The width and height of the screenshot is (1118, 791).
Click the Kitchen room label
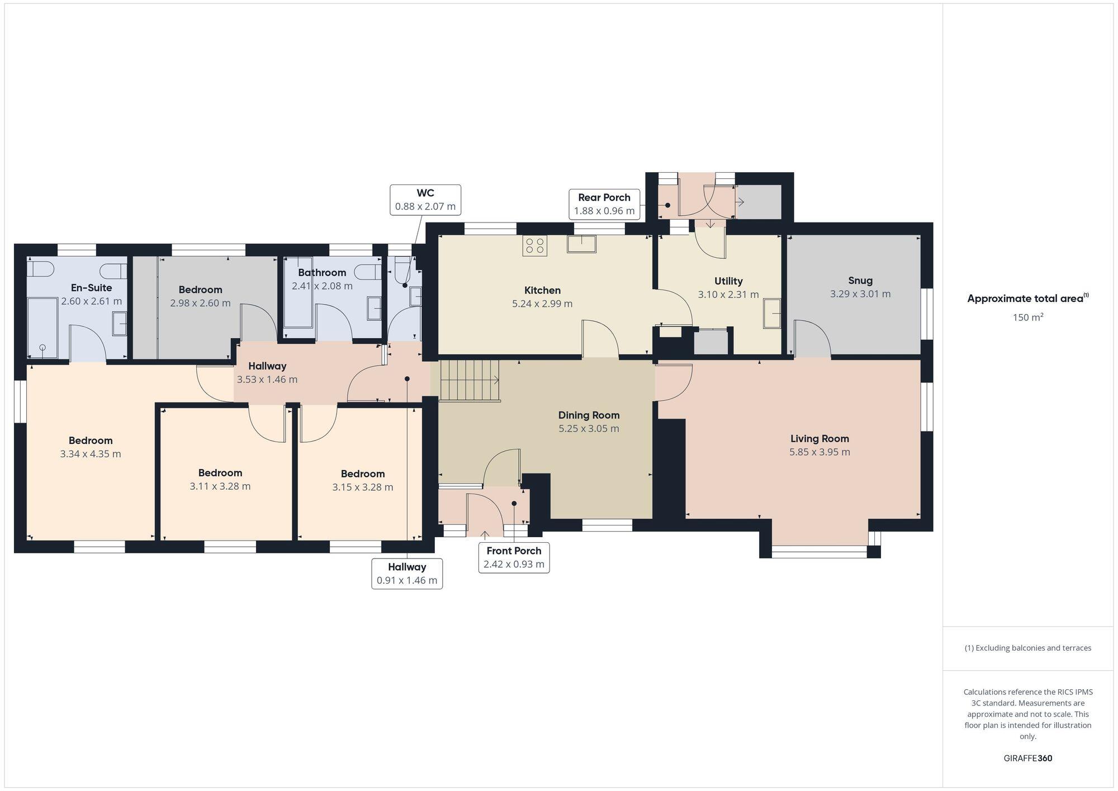pos(542,290)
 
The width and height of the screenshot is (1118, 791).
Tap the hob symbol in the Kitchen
pos(534,246)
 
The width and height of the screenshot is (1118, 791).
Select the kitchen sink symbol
pos(581,244)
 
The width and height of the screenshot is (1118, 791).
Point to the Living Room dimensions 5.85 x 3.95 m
pos(819,452)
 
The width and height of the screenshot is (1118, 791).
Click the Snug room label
pos(860,281)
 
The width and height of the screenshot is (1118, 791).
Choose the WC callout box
pos(425,200)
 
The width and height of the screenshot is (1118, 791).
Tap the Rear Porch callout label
pos(604,204)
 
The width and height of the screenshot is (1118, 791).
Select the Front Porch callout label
pos(514,557)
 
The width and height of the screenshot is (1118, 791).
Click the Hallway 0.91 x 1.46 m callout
pos(407,573)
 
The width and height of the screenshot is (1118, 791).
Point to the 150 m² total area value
pos(1027,318)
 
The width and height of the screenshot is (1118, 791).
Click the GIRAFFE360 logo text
pos(1027,759)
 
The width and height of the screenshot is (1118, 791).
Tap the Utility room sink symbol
pos(772,314)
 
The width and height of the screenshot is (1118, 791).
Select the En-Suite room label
pos(91,288)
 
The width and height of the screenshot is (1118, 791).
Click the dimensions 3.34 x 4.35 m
pos(91,454)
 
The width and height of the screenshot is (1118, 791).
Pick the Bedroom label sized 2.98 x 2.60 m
pos(200,290)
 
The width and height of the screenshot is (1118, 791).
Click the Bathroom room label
pos(321,273)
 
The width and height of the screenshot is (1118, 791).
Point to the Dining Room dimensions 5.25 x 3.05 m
pos(589,429)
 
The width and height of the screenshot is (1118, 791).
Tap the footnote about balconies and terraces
pos(1027,648)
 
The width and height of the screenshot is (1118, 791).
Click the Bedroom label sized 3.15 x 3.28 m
pos(362,474)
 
